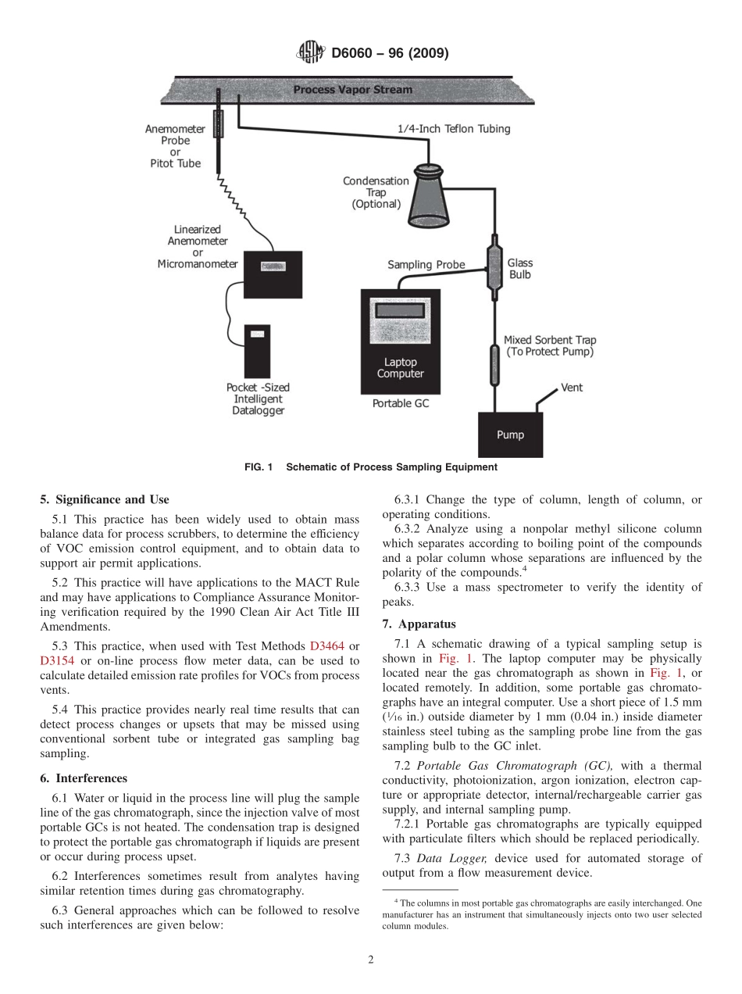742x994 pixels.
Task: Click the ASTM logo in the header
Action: [311, 53]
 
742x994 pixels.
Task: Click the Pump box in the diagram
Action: [510, 435]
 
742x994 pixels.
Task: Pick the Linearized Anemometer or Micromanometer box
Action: [273, 274]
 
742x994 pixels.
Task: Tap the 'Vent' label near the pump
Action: [572, 388]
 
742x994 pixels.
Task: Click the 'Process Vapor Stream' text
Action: [352, 90]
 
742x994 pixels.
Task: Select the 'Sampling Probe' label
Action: [426, 265]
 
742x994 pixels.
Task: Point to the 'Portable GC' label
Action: [400, 404]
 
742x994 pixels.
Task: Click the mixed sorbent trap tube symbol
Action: [494, 366]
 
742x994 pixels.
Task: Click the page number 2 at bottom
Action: [371, 960]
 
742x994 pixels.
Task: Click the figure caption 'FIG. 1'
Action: [258, 467]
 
